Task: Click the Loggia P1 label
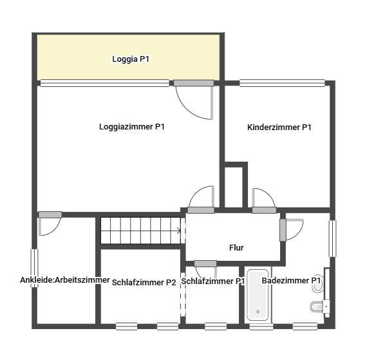tap(131, 59)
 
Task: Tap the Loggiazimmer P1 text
tap(132, 127)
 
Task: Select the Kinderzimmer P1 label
tap(279, 128)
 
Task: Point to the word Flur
tap(236, 248)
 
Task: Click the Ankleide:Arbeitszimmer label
tap(65, 280)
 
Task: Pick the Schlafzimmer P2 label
tap(144, 283)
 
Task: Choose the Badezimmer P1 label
tap(291, 281)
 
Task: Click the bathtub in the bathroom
tap(258, 295)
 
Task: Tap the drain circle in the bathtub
tap(258, 312)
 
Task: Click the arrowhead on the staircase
tap(179, 231)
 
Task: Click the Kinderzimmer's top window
tap(282, 83)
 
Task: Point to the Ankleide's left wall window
tap(35, 268)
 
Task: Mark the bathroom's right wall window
tap(332, 238)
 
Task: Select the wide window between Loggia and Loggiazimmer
tap(104, 83)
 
